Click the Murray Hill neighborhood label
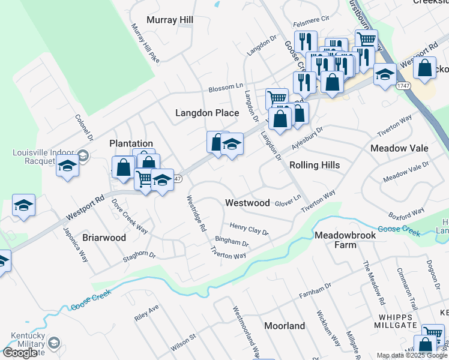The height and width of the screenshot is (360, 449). pos(169,20)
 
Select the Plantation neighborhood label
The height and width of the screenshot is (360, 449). pos(131,143)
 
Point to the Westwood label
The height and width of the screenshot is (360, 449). pos(247,203)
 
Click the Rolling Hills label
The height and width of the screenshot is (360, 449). pos(315,165)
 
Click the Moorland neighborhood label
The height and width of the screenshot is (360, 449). pos(285,326)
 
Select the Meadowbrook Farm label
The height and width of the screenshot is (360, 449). pos(345,240)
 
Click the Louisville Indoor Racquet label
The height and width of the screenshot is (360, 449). pos(41,157)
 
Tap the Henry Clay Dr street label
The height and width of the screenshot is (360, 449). pos(249,229)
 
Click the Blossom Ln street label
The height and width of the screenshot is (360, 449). pos(226,88)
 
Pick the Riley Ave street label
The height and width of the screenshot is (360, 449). pos(146,313)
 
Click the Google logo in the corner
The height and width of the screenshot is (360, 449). pos(19,353)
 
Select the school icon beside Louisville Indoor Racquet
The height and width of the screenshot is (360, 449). pos(68,168)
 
